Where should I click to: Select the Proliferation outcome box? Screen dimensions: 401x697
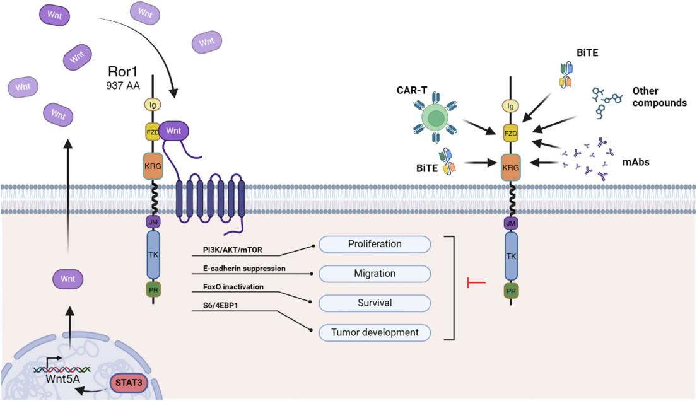pos(375,244)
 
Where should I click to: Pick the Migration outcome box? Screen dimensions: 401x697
pos(375,274)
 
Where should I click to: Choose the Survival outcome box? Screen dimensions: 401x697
pos(375,303)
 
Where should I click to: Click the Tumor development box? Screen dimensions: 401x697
pos(375,332)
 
